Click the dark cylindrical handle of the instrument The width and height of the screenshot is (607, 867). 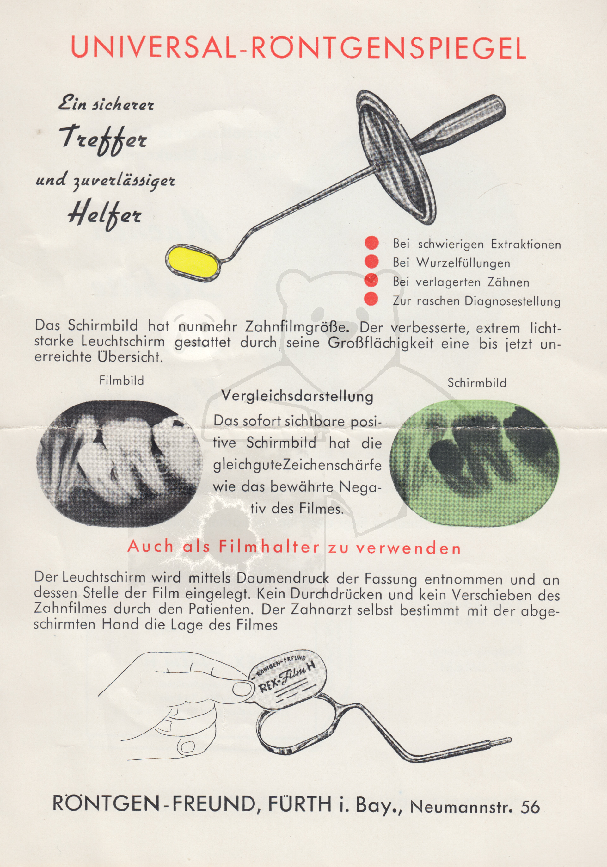pos(463,123)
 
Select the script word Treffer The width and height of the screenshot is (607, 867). pos(103,139)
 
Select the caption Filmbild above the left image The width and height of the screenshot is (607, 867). pos(121,380)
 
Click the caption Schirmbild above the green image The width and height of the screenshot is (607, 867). pos(477,383)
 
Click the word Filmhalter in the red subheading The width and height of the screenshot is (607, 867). pos(269,547)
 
